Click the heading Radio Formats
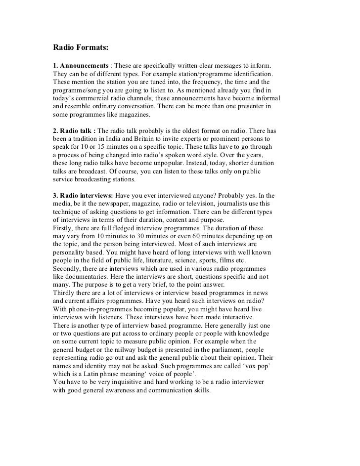[x=80, y=48]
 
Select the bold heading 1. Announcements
[x=81, y=66]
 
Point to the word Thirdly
[x=65, y=291]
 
